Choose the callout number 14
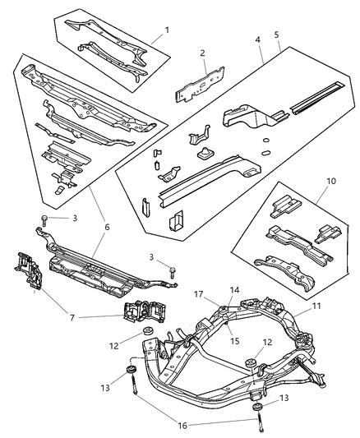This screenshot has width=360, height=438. coord(234,290)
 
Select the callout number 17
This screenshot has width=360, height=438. coord(199,293)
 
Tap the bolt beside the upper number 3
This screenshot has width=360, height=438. coord(43,217)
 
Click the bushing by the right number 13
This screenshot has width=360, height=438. coord(256,408)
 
